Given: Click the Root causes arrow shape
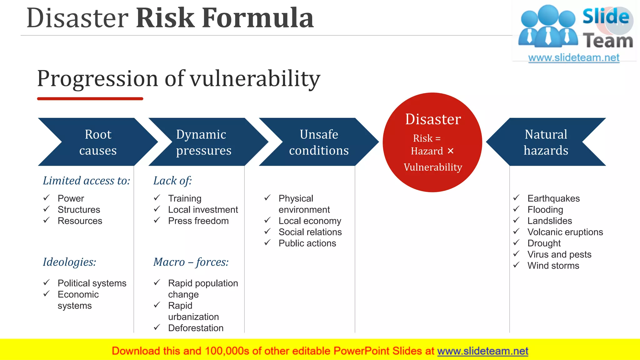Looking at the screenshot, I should click(98, 142).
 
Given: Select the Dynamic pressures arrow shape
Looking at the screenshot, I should click(204, 142).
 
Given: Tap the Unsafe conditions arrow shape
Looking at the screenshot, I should click(319, 142).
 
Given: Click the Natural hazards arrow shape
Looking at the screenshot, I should click(546, 142).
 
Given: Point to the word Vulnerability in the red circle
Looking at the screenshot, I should click(433, 167).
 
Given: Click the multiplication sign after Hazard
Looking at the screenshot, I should click(450, 151).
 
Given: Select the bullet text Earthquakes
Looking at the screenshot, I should click(553, 198).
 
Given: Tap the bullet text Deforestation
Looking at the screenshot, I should click(196, 328).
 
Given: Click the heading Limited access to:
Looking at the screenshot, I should click(86, 181).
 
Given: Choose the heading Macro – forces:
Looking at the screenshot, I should click(191, 262).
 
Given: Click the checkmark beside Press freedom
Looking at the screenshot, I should click(157, 221).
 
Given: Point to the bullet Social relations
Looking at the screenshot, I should click(310, 232).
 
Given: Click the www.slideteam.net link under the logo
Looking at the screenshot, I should click(573, 58).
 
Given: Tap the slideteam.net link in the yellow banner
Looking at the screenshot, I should click(482, 351).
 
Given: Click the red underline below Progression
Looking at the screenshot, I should click(90, 99).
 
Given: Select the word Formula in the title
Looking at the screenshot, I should click(257, 18).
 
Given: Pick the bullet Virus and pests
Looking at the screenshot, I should click(559, 254).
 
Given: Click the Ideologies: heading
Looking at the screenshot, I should click(69, 262).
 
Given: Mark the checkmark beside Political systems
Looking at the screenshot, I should click(47, 283).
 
